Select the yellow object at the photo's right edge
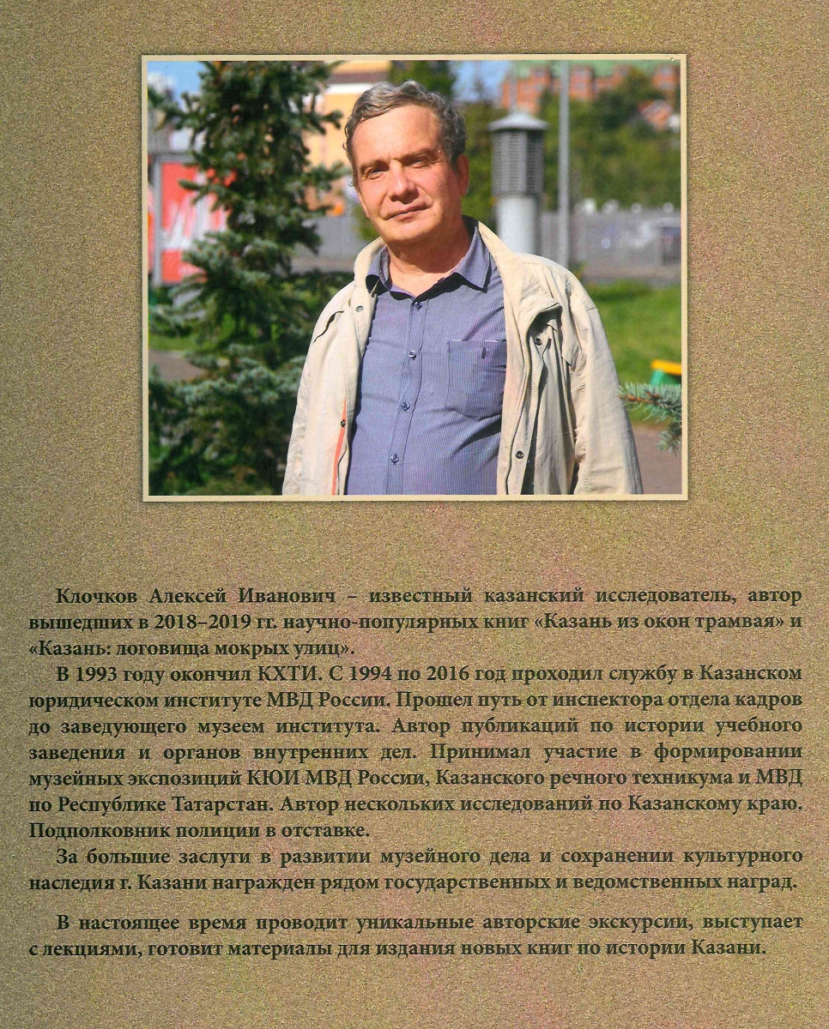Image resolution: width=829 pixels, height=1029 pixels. click(667, 371)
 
